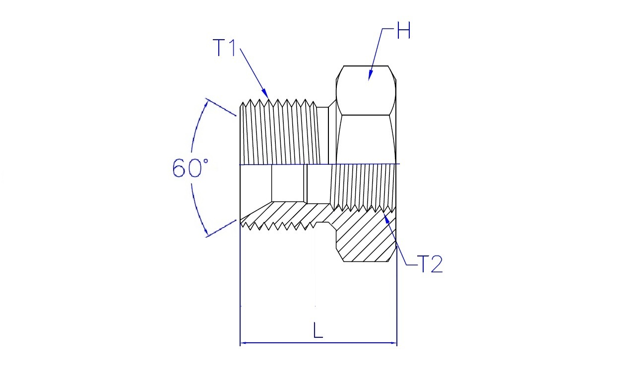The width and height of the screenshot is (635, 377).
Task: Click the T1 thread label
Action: (x=224, y=48)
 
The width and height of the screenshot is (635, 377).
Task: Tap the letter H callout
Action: (x=404, y=30)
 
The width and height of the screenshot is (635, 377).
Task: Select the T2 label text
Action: (x=430, y=264)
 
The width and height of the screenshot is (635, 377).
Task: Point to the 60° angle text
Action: (x=190, y=168)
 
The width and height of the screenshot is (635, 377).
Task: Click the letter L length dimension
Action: (x=318, y=330)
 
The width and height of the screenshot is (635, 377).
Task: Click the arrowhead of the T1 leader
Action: (x=265, y=94)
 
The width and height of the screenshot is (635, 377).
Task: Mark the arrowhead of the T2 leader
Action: (x=386, y=218)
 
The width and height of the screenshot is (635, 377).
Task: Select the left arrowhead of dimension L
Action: (x=244, y=343)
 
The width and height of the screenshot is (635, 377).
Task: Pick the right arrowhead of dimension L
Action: (x=393, y=343)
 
